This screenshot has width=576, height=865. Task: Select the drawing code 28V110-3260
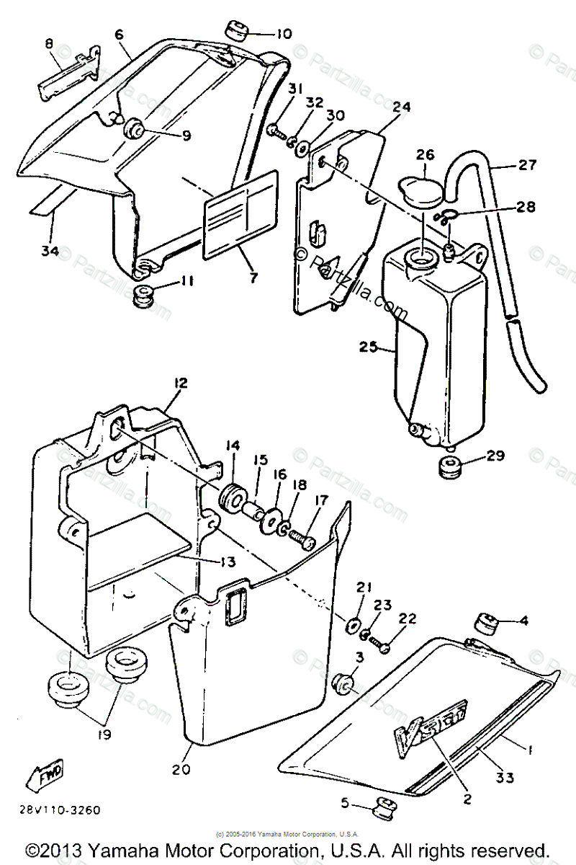coord(60,810)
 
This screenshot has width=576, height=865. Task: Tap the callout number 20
coord(181,769)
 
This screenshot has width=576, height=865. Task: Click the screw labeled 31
coord(276,130)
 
